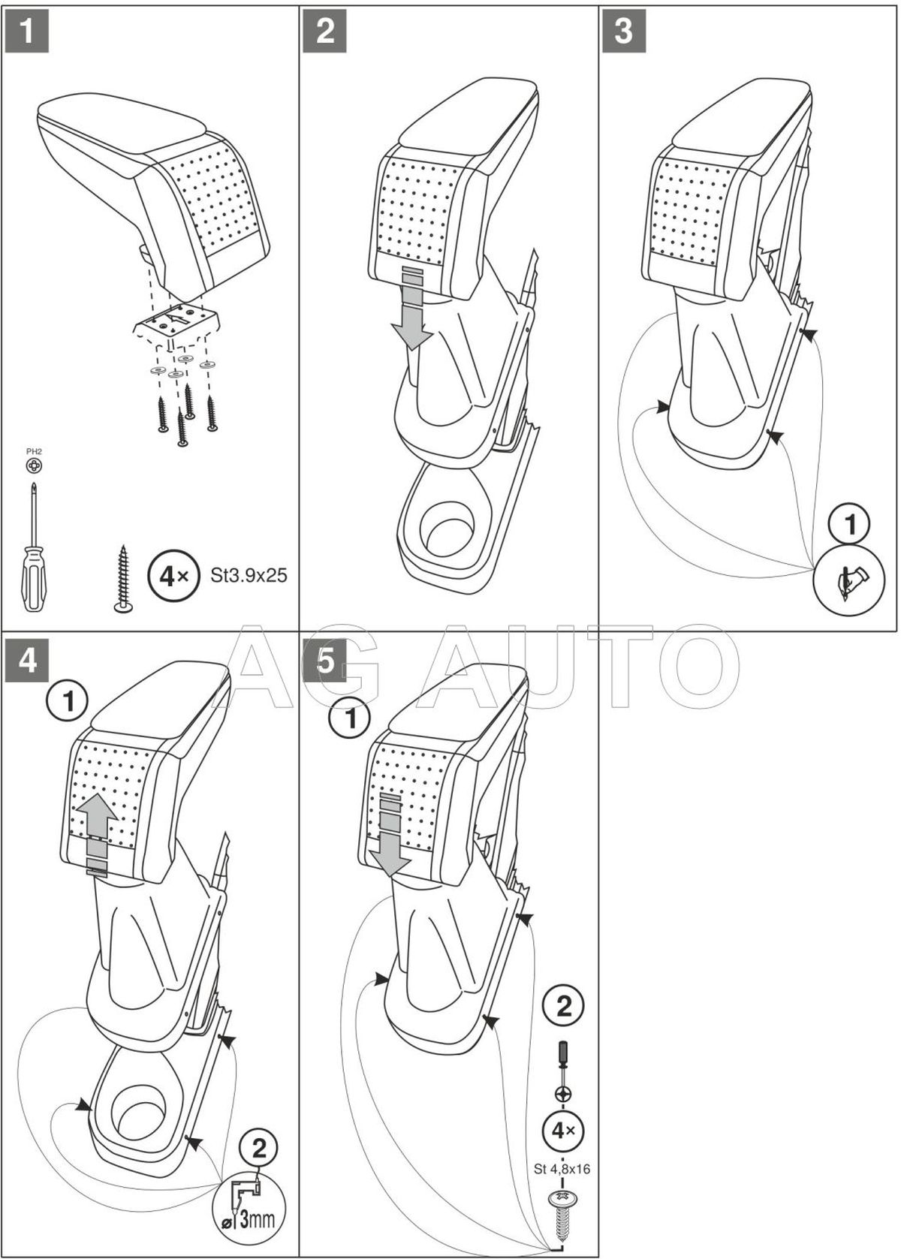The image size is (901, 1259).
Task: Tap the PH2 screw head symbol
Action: (33, 466)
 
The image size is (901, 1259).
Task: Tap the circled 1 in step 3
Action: (849, 526)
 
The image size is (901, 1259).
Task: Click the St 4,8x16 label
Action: (562, 1168)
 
